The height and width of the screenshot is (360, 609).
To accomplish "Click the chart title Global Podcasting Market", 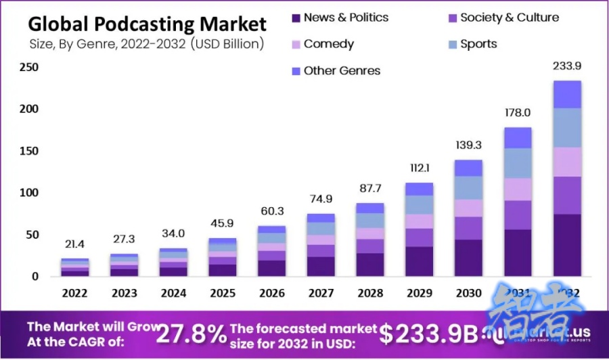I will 147,24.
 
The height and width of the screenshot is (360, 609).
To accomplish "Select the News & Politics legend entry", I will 338,18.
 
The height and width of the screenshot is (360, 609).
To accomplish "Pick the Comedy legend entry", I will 322,44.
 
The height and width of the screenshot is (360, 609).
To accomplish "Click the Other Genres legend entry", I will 336,70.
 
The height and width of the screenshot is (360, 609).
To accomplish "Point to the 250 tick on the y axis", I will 28,67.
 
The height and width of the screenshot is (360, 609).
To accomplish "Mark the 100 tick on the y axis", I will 28,193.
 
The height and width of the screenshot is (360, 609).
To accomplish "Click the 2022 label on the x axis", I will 74,294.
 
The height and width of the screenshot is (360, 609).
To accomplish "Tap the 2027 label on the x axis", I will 321,294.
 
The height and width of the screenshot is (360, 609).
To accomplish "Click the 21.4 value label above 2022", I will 74,244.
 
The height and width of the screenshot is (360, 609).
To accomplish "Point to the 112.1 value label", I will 419,168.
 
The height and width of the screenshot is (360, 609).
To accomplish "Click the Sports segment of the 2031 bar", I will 518,163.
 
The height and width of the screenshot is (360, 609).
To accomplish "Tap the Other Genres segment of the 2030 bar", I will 468,168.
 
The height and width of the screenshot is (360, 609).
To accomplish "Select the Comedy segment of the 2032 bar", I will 567,162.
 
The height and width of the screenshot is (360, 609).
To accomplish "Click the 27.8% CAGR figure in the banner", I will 192,334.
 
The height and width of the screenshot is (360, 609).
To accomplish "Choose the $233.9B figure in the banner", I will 428,334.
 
